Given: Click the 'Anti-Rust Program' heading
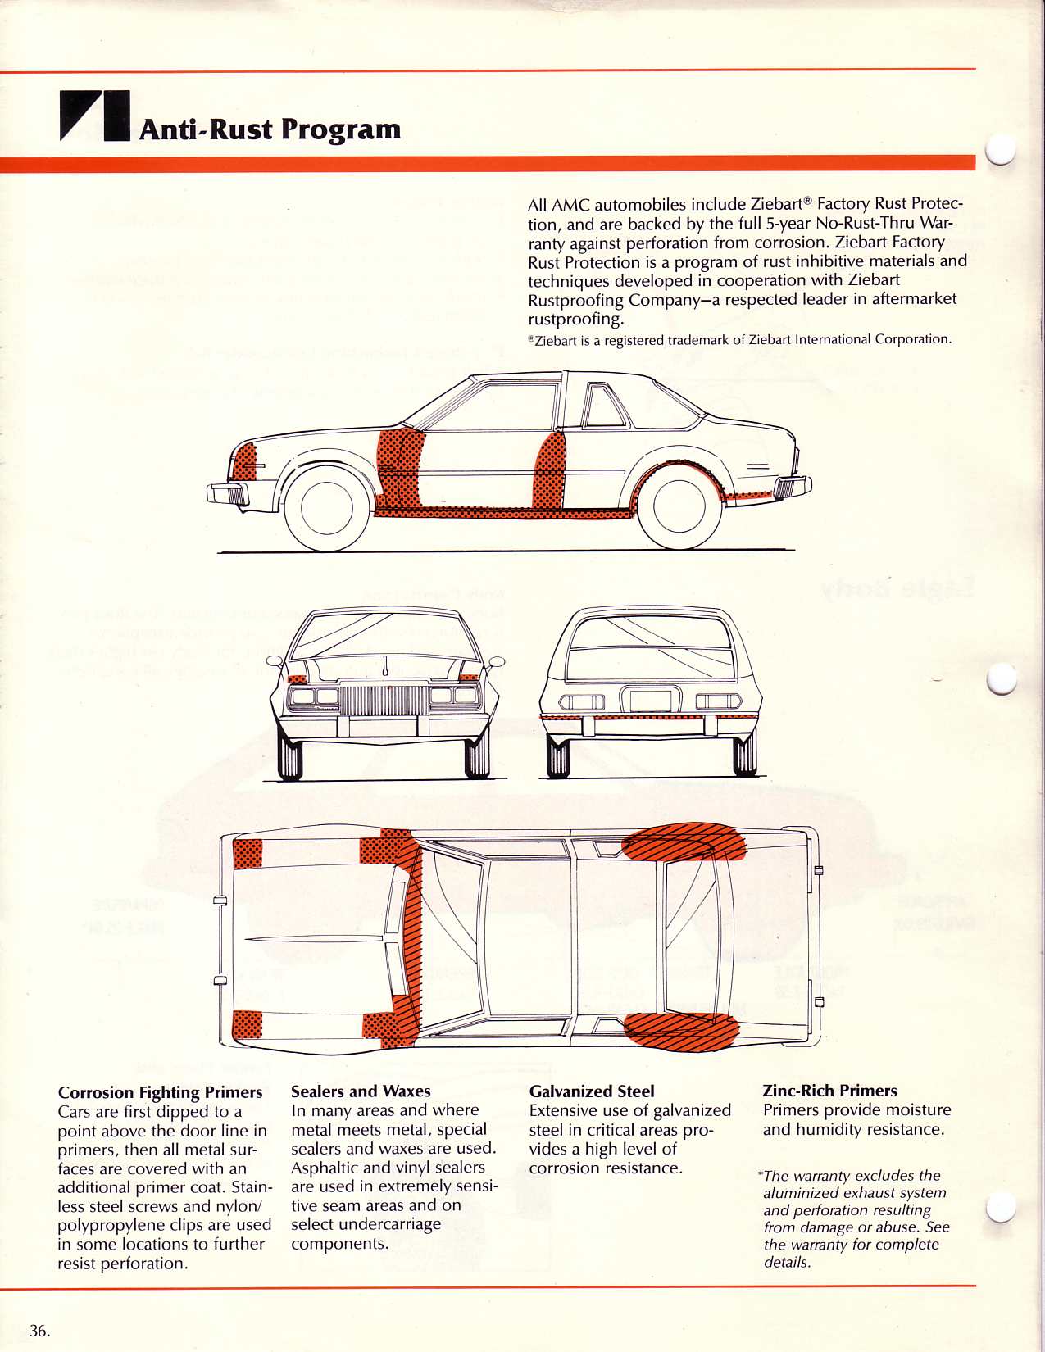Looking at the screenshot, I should coord(270,129).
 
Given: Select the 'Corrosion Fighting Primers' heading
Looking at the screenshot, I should coord(160,1092).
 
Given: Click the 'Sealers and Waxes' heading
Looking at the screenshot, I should coord(361,1091).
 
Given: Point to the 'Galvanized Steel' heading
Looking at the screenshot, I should coord(592,1091).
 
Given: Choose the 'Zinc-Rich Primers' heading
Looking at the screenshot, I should coord(829,1091).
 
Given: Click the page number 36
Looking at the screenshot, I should coord(39,1330).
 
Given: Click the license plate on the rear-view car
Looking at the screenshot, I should coord(651,701).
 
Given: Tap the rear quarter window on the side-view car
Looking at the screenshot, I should coord(604,407).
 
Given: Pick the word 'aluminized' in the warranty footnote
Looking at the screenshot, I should coord(799,1193).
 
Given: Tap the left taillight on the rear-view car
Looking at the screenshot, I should coord(581,702).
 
